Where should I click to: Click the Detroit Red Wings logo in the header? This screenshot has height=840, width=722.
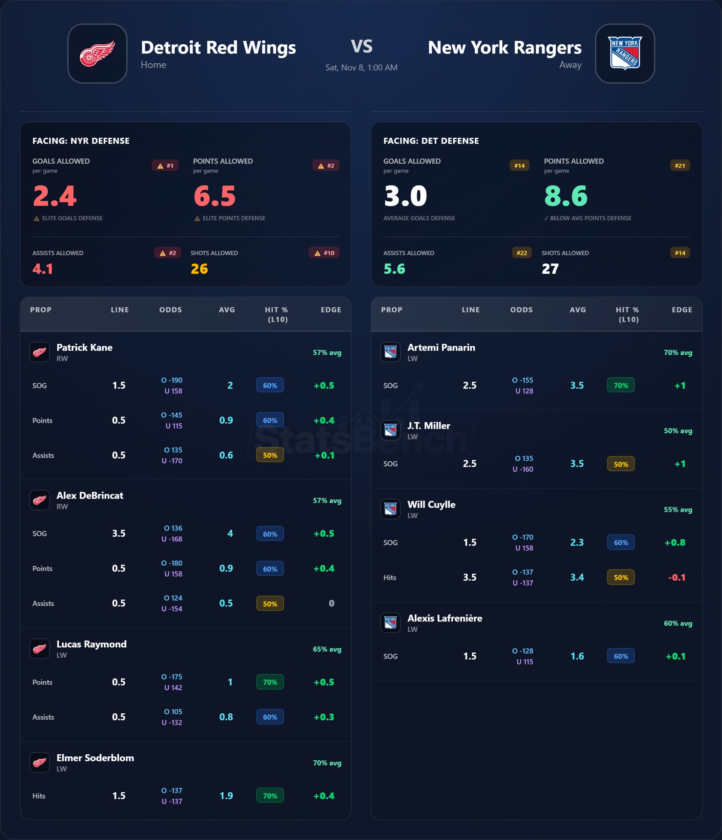point(97,53)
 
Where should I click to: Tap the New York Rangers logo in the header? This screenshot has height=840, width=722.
point(625,53)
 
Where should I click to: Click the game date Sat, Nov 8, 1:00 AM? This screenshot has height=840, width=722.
point(361,67)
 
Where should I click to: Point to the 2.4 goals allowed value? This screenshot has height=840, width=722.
point(55,196)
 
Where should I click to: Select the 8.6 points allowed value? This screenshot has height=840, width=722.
point(566,196)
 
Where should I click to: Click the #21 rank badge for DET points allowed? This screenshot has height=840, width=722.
point(680,165)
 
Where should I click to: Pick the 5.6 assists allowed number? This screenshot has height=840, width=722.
point(394,269)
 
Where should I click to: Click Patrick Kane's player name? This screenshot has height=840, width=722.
point(84,347)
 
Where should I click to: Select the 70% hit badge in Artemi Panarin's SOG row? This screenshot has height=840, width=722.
point(621,385)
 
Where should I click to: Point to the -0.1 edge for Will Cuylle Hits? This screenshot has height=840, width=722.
point(677,577)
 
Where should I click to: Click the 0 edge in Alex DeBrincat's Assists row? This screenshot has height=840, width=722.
point(331,603)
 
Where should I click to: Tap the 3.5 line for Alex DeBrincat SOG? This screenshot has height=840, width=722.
point(119,533)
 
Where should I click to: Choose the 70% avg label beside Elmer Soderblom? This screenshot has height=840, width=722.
point(327,763)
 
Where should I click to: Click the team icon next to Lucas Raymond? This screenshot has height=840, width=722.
point(40,649)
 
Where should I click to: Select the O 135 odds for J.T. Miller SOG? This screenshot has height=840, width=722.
point(524,458)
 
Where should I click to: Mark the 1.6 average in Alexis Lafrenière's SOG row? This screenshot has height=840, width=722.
point(577,656)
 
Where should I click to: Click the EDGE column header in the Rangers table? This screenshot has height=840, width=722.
point(682,310)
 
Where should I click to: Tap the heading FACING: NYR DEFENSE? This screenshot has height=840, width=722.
point(81,141)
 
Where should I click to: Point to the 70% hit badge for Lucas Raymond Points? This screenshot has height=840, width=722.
point(270,682)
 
